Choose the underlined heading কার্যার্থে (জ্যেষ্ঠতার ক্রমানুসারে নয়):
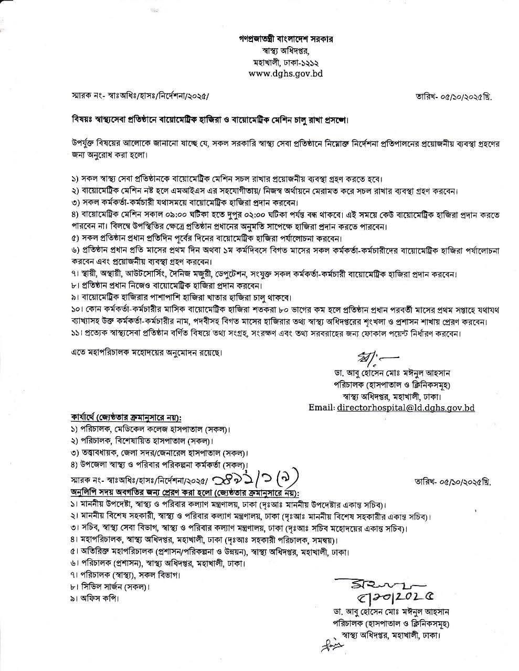[x=126, y=418]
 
